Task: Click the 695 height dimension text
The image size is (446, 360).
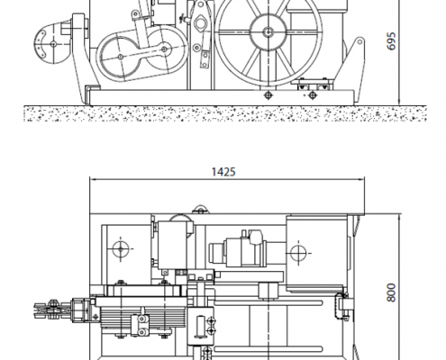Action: tap(392, 41)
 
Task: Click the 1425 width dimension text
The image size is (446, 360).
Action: tap(223, 172)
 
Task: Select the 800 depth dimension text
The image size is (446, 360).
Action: tap(391, 292)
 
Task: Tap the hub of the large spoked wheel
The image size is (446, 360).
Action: tap(269, 31)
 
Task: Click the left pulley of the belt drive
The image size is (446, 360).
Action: tap(121, 57)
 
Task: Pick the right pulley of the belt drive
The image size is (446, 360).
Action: tap(164, 49)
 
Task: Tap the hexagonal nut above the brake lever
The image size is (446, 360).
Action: tap(200, 23)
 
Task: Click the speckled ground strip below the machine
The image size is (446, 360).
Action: tap(225, 113)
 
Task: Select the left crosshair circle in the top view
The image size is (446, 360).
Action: tap(121, 248)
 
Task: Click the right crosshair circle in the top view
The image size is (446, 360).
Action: tap(298, 254)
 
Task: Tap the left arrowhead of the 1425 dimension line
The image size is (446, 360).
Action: tap(93, 180)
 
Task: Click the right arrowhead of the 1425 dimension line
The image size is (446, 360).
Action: tap(361, 180)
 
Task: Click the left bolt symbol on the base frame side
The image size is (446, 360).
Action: tap(269, 95)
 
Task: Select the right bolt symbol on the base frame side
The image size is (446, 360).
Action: tap(313, 95)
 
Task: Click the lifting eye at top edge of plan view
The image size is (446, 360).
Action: tap(201, 210)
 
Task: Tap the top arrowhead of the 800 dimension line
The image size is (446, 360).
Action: tap(399, 218)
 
